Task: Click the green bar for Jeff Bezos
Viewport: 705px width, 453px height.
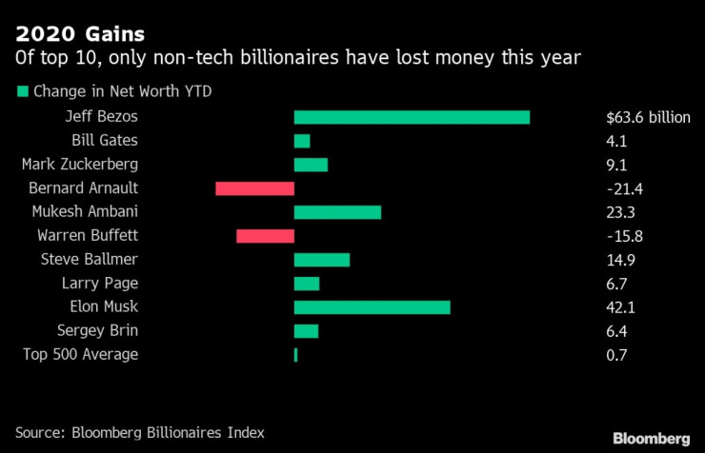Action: pyautogui.click(x=412, y=117)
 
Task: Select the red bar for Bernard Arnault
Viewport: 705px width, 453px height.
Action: pyautogui.click(x=254, y=188)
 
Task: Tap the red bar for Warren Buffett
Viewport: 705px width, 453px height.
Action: pyautogui.click(x=265, y=236)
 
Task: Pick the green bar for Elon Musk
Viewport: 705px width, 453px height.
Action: pyautogui.click(x=372, y=307)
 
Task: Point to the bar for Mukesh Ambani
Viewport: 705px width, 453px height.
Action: pyautogui.click(x=337, y=212)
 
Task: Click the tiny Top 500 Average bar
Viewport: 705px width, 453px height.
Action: pyautogui.click(x=296, y=355)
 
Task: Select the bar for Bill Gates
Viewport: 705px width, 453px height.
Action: pyautogui.click(x=302, y=141)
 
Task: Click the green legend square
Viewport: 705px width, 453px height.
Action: pyautogui.click(x=21, y=92)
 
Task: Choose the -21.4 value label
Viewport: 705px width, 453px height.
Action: pyautogui.click(x=624, y=188)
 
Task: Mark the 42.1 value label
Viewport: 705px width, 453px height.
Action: pyautogui.click(x=619, y=307)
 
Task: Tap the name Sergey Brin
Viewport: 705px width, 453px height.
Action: pyautogui.click(x=97, y=330)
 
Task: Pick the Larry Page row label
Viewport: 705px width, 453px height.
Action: pyautogui.click(x=100, y=283)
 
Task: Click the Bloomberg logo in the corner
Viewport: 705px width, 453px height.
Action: pyautogui.click(x=651, y=438)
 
